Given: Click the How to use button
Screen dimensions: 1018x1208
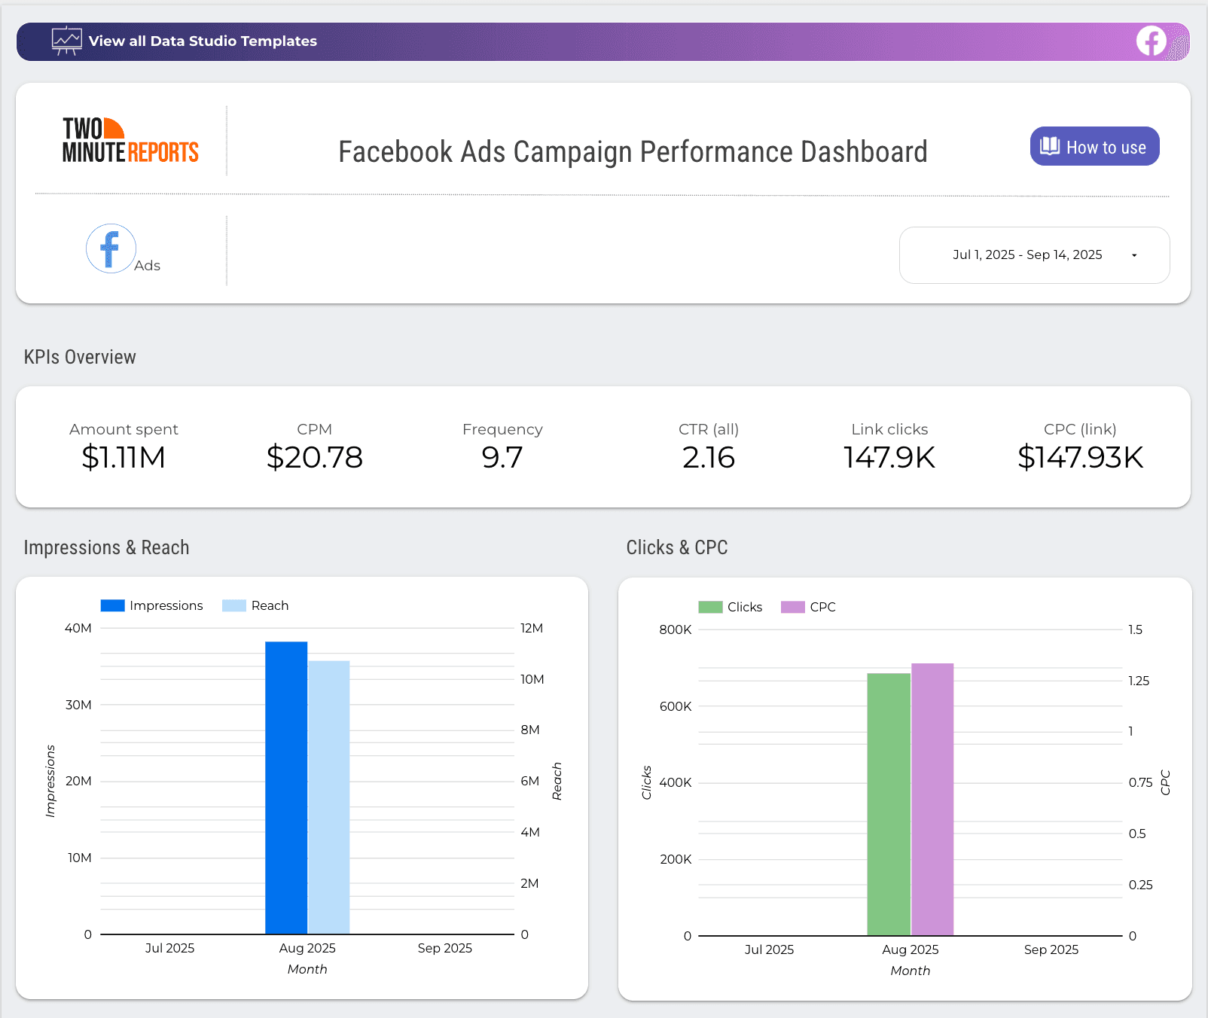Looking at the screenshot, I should click(x=1094, y=147).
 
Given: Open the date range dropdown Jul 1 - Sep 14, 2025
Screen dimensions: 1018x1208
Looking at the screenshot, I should click(x=1034, y=255).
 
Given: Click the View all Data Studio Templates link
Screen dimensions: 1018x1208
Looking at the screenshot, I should click(x=203, y=41).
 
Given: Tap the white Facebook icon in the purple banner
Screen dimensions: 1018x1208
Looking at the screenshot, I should click(x=1151, y=41).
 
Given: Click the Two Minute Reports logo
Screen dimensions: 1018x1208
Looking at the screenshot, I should click(x=130, y=141).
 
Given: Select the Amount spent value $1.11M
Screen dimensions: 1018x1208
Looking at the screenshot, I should click(x=124, y=457).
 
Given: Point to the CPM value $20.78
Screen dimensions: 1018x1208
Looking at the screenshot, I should click(x=314, y=457).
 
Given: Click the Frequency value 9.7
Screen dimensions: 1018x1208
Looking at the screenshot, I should click(x=502, y=457).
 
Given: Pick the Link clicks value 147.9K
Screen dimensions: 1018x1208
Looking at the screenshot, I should click(x=889, y=457).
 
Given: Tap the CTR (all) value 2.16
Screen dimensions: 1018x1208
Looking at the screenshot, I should click(x=708, y=457).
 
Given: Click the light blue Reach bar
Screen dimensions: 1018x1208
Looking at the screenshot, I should click(x=329, y=797).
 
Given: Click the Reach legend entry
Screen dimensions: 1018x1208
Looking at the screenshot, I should click(x=256, y=605).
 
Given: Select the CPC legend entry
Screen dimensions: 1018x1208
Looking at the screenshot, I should click(x=809, y=607).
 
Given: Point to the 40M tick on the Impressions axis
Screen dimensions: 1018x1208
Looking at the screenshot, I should click(x=78, y=628).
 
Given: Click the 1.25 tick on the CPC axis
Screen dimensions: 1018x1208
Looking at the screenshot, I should click(x=1139, y=681).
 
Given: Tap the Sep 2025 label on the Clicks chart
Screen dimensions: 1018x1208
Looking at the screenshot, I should click(x=1051, y=949).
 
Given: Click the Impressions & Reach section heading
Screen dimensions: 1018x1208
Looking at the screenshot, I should click(x=106, y=547).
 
